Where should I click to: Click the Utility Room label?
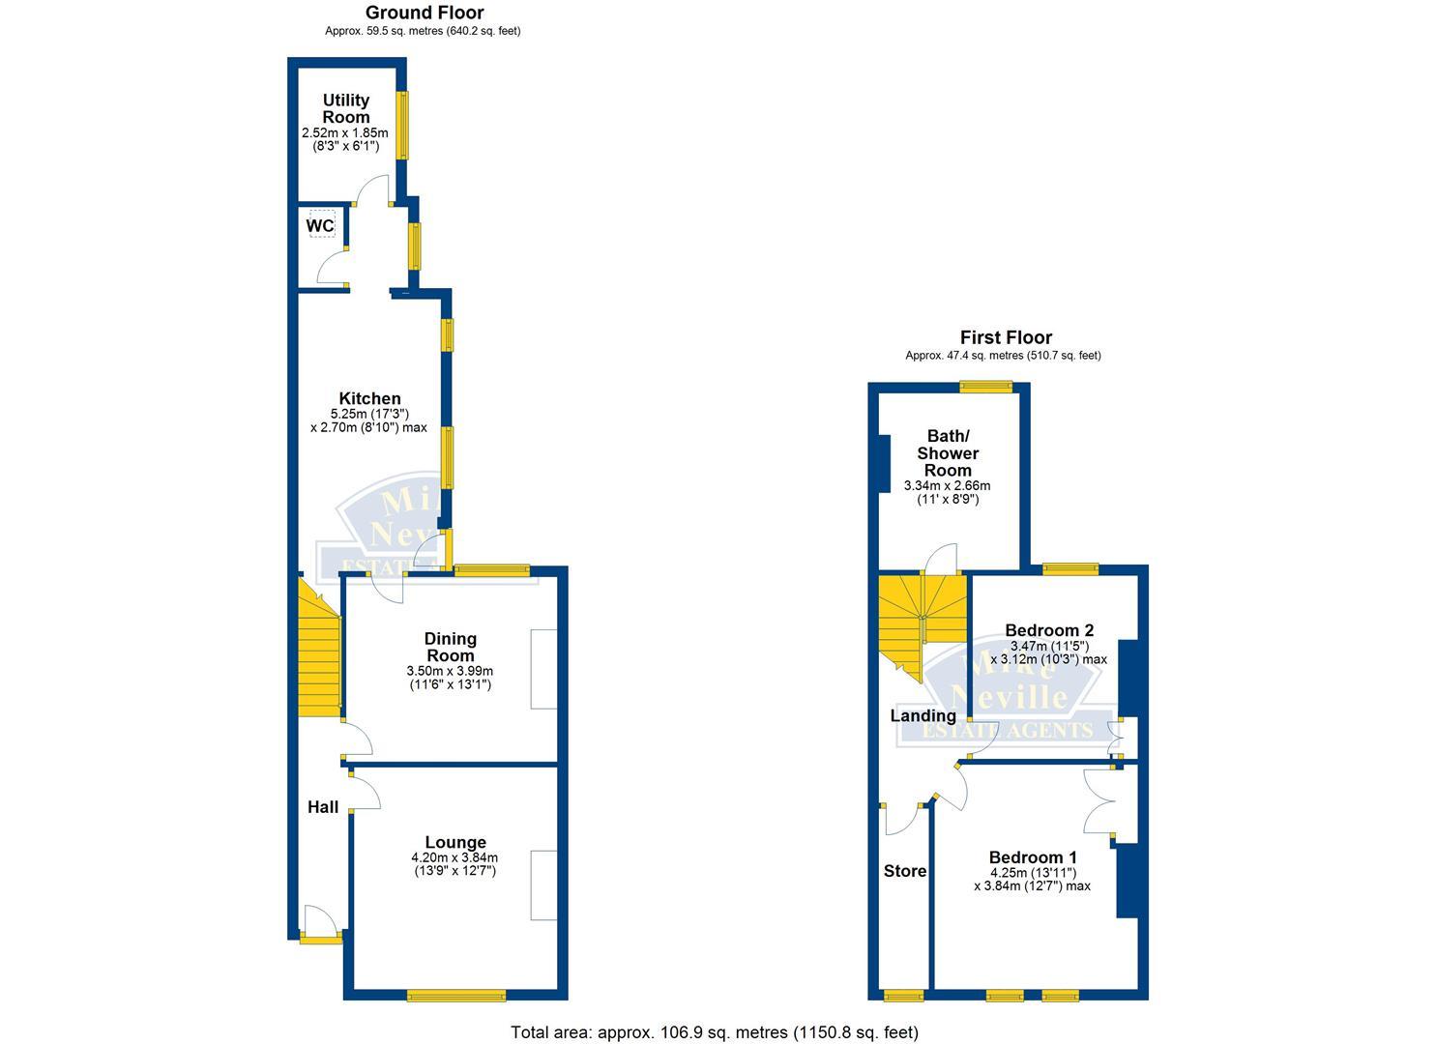(346, 108)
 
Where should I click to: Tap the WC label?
(320, 226)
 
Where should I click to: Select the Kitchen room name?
(369, 398)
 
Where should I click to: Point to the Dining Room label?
(451, 647)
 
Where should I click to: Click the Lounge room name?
(454, 842)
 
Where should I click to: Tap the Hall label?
(323, 806)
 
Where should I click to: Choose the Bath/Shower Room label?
(948, 452)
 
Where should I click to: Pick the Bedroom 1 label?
(1033, 857)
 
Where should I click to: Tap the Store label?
(905, 871)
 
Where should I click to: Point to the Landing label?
(923, 715)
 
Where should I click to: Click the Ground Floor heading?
(425, 13)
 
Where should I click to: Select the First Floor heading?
(1006, 337)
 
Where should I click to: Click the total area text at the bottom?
(715, 1031)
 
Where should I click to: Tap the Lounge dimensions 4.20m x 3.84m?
(454, 857)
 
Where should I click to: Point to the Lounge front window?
(456, 996)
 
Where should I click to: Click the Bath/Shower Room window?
(986, 387)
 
